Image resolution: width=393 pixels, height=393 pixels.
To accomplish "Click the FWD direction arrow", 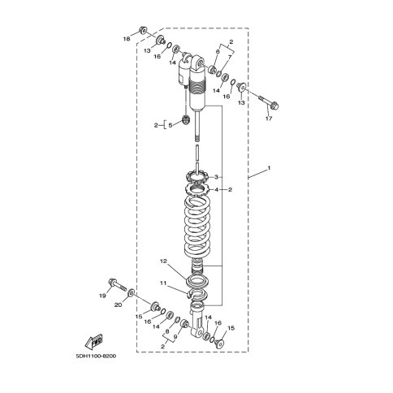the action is [94, 341].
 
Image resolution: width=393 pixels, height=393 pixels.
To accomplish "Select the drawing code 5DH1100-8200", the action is [96, 356].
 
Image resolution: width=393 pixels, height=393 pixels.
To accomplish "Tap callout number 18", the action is [127, 39].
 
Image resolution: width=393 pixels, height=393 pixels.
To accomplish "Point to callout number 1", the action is [269, 168].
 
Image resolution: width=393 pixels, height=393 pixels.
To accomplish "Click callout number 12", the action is [164, 261].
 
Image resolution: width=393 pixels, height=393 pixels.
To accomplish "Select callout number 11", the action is [163, 283].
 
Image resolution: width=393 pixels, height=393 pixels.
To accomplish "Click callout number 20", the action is [118, 305].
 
